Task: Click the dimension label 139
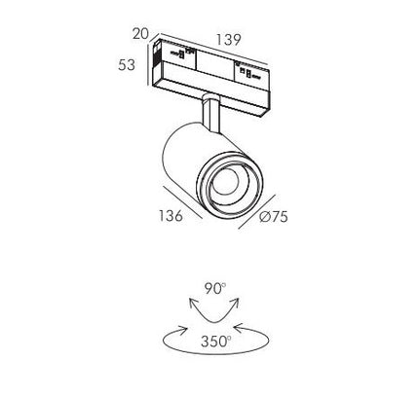(229, 40)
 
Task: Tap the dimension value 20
(140, 34)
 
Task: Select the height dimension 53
(127, 65)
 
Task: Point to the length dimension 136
(171, 216)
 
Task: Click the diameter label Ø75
(274, 217)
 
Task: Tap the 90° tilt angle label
(215, 288)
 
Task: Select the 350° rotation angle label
(216, 342)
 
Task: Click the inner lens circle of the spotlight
(225, 182)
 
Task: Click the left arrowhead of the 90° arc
(193, 304)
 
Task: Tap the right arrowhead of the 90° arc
(235, 304)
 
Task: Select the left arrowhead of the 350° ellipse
(182, 329)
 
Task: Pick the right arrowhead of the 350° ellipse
(240, 328)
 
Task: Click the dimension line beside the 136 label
(182, 202)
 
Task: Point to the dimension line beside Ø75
(257, 212)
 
